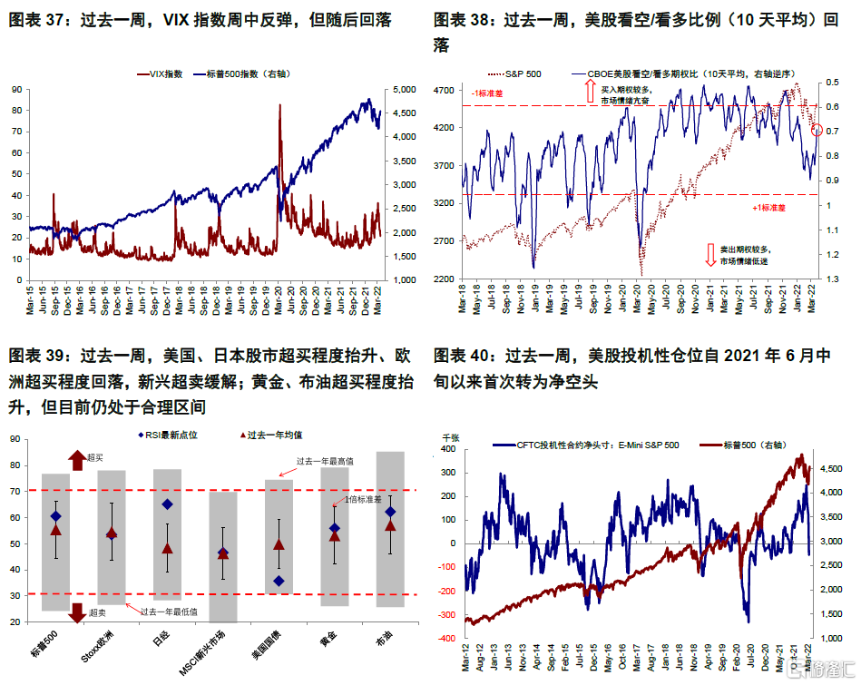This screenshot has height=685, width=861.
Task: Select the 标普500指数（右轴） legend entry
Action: (241, 73)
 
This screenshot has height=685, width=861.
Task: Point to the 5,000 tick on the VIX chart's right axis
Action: (399, 90)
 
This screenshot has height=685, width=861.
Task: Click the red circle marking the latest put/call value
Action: (817, 131)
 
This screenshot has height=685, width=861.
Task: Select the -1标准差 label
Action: (488, 93)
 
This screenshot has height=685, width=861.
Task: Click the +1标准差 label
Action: (769, 208)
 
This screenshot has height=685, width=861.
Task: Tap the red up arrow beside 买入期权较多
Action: (586, 91)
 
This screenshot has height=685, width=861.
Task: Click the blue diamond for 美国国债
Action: (279, 581)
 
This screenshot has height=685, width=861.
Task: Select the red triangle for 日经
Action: (167, 549)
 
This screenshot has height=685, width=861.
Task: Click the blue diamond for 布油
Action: (390, 513)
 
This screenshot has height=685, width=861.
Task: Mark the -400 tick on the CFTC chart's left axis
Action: (448, 638)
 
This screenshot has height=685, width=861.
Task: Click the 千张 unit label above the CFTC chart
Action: (452, 436)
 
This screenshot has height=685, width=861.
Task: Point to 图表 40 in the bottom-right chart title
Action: (463, 355)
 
